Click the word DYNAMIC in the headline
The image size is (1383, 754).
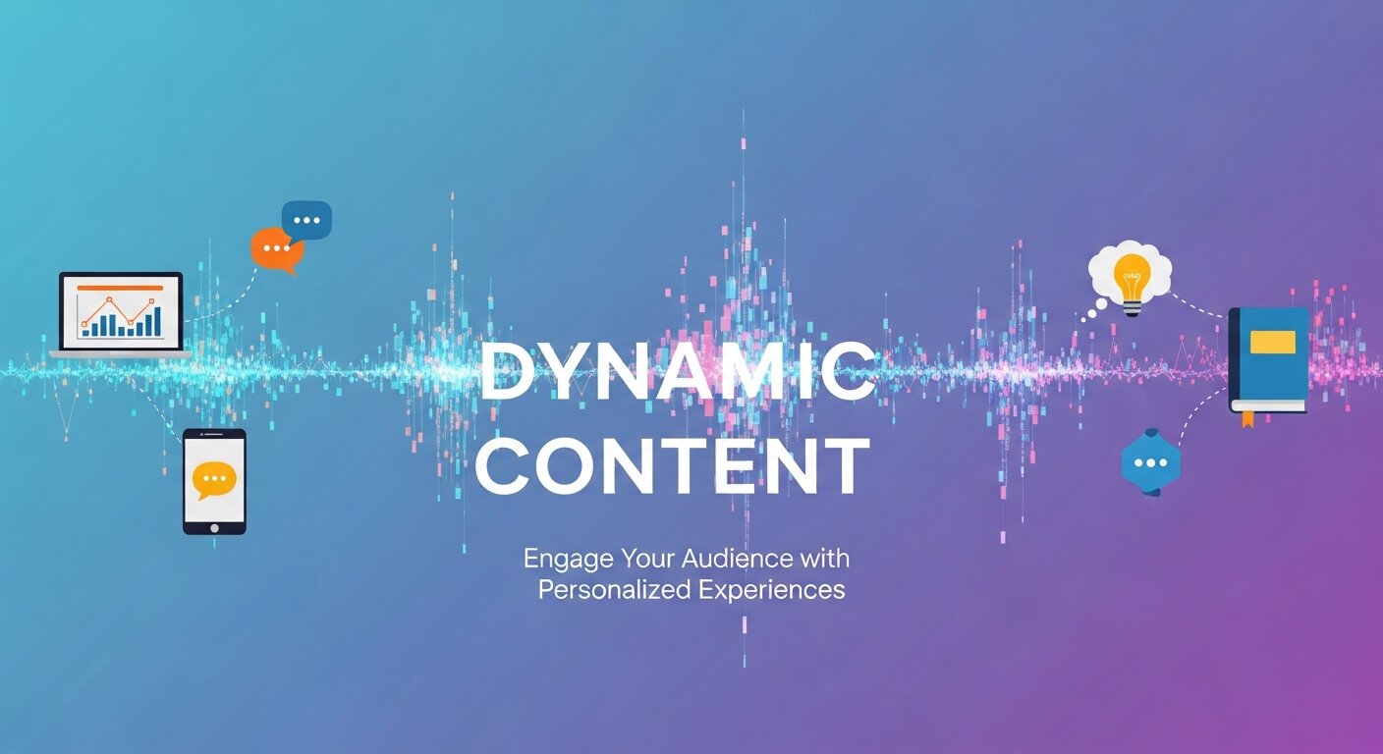[677, 375]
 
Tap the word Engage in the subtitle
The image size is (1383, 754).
[568, 559]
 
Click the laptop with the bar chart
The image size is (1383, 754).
[121, 313]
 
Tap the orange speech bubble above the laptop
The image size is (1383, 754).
[275, 249]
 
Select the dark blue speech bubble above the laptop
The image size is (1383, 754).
[306, 220]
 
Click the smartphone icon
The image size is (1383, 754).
[214, 481]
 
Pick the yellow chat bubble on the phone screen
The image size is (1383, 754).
[214, 479]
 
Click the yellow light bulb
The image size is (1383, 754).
[1133, 279]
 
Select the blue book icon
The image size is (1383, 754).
[1268, 359]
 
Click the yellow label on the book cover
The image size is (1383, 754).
[1273, 342]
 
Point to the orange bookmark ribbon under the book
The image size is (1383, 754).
[1247, 419]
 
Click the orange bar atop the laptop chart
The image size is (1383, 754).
[120, 288]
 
